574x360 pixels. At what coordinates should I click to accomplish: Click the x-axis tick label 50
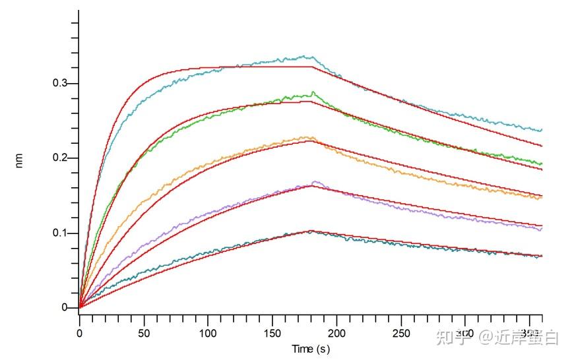point(144,334)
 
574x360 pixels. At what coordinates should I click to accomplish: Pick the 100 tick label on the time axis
point(208,334)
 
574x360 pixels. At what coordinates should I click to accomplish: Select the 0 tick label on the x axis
point(80,334)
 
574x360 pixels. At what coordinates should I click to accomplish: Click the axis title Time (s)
point(311,348)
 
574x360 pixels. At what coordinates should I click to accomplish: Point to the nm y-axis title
point(19,160)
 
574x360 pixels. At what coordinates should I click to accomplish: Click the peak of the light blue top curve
point(304,56)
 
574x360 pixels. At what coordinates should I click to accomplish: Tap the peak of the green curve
point(313,92)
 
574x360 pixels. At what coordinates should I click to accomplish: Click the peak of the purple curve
point(315,181)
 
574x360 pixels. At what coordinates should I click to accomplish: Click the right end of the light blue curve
point(542,130)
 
